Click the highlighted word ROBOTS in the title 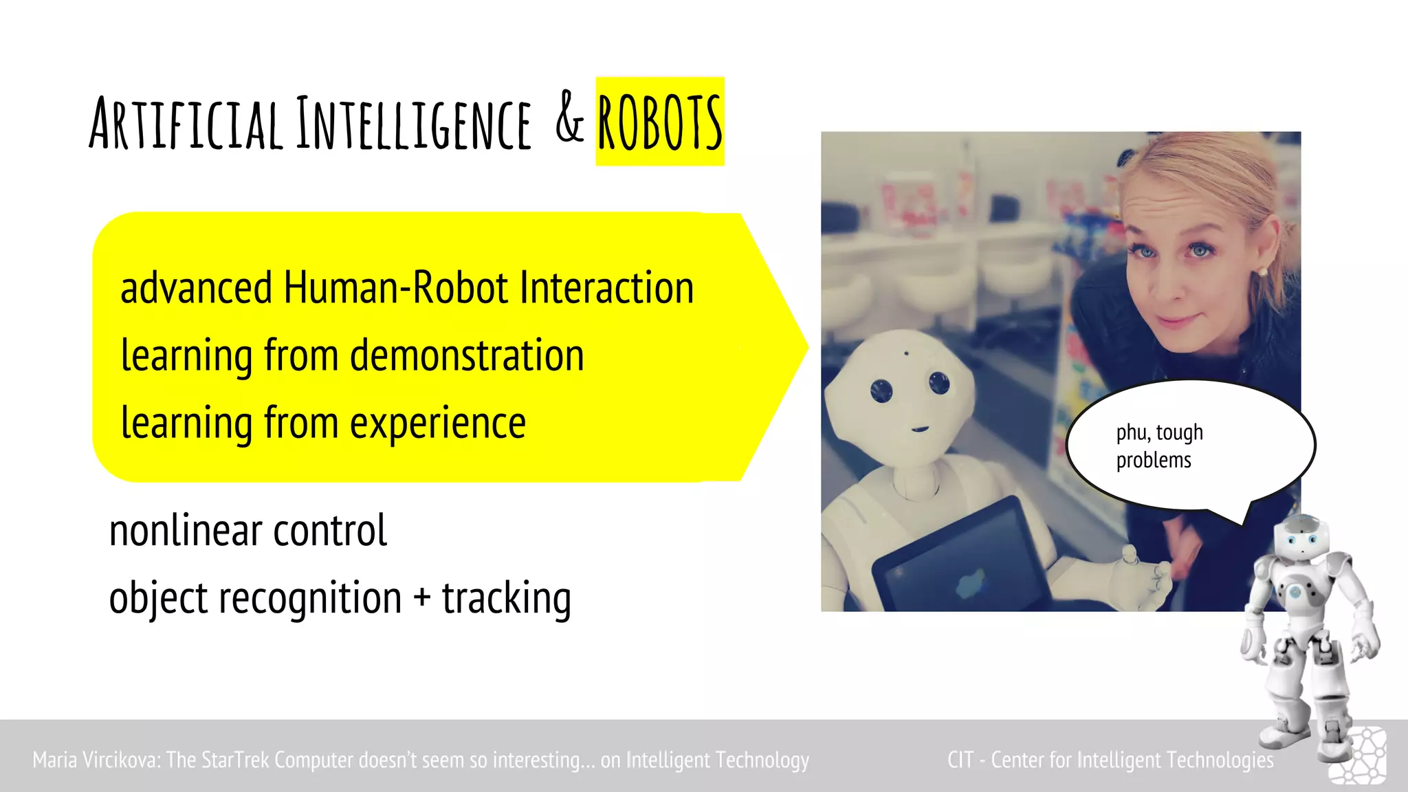[x=659, y=122]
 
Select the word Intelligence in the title [x=414, y=124]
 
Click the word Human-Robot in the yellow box [x=395, y=287]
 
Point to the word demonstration [x=467, y=355]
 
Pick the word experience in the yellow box [x=438, y=423]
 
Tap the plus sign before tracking [x=421, y=597]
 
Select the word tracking [x=506, y=598]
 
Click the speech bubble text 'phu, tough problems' [x=1159, y=446]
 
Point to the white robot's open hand [x=1141, y=574]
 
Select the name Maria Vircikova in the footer [x=96, y=760]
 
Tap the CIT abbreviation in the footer [x=960, y=760]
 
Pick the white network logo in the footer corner [x=1358, y=756]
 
